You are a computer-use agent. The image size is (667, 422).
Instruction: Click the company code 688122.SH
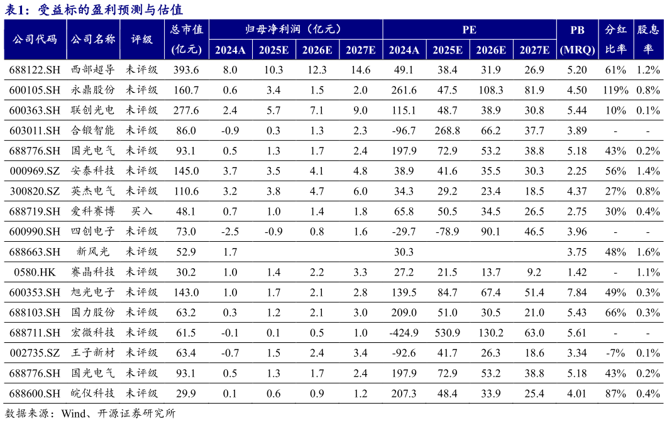pos(35,70)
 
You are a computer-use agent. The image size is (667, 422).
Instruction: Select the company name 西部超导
pos(93,70)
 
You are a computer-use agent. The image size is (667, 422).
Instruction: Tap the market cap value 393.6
pos(186,70)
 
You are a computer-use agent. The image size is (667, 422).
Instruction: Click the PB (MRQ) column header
pos(577,40)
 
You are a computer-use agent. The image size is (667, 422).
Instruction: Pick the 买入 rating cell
pos(141,212)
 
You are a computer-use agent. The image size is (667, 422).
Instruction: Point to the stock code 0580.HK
pos(35,272)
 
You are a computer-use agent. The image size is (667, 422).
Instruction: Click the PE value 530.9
pos(448,332)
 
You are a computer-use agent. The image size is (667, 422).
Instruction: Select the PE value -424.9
pos(404,332)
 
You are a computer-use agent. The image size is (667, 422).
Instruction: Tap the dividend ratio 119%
pos(615,90)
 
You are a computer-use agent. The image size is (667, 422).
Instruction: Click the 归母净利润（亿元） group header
pos(295,30)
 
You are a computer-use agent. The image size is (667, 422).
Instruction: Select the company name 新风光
pos(93,252)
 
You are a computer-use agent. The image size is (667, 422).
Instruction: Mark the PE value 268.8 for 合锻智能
pos(448,131)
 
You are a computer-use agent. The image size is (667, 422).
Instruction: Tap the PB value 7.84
pos(577,292)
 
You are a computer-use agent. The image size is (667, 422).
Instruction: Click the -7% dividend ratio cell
pos(615,352)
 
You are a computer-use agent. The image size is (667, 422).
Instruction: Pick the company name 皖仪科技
pos(93,393)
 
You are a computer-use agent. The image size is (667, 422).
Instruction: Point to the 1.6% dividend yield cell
pos(648,252)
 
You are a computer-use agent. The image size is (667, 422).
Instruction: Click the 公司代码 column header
pos(35,39)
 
